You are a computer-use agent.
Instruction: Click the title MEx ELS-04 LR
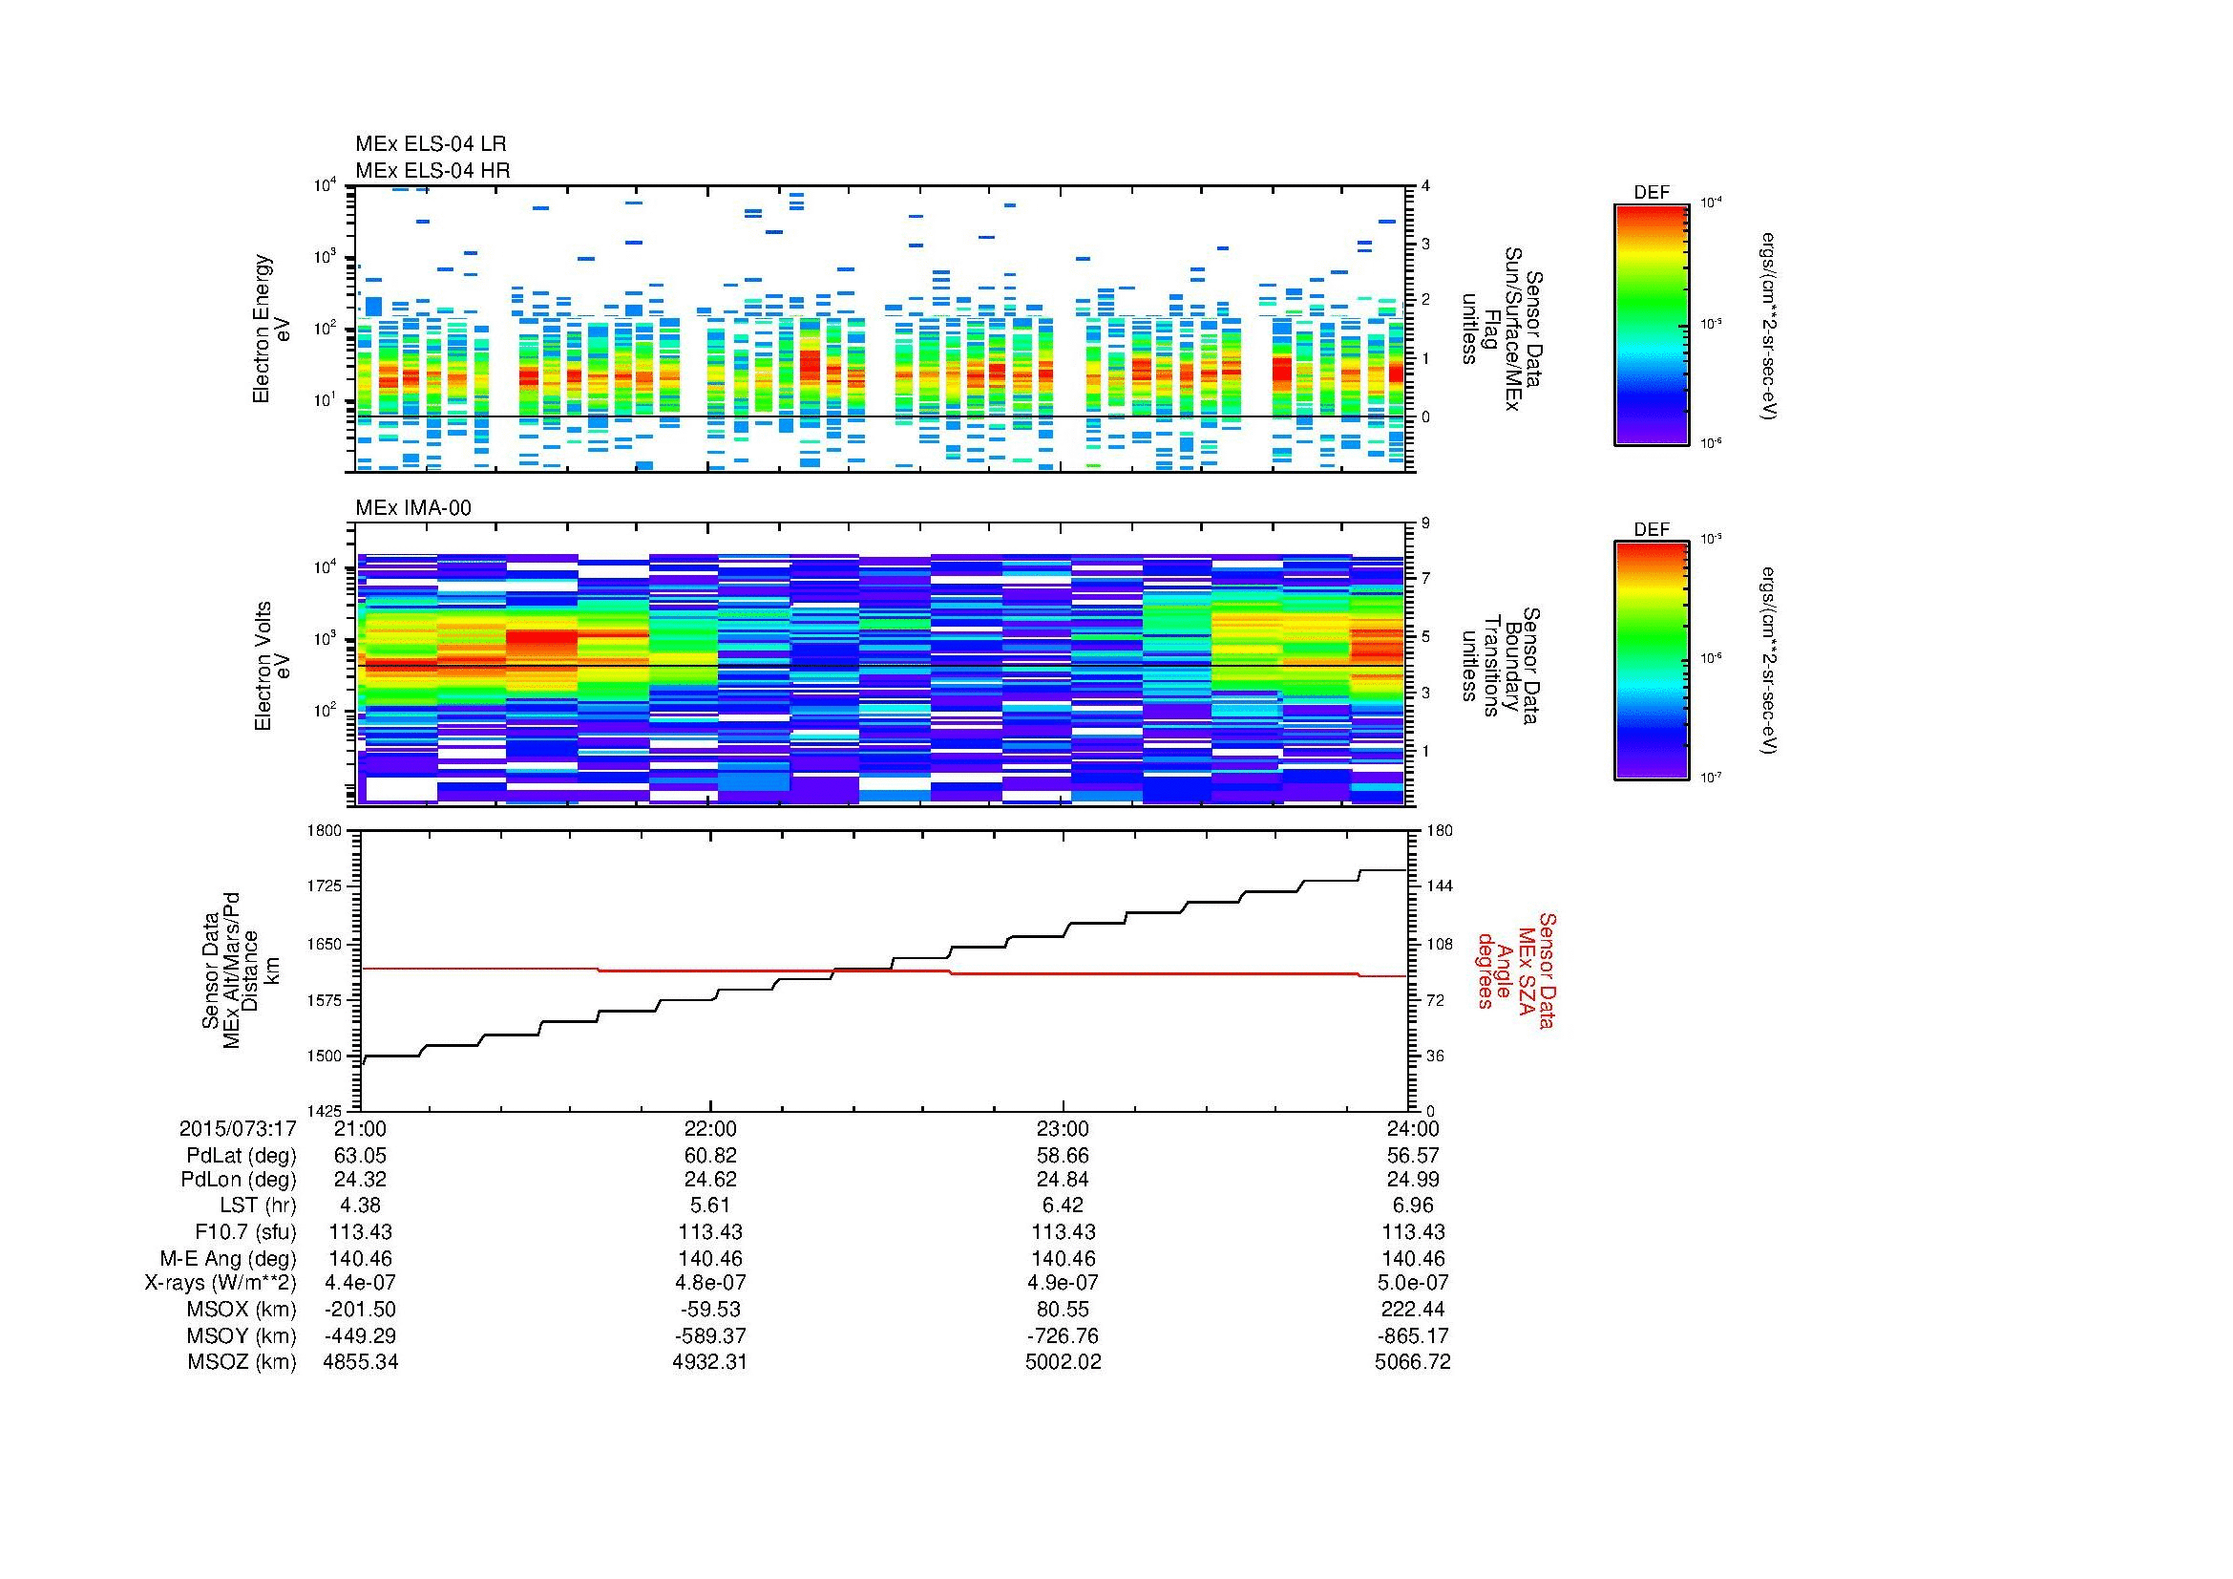click(x=430, y=145)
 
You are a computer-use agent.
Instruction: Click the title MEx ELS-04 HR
click(x=432, y=170)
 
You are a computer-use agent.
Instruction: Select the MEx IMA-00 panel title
click(x=412, y=508)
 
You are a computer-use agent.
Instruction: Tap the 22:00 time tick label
click(x=711, y=1129)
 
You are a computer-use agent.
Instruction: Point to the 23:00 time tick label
click(x=1063, y=1129)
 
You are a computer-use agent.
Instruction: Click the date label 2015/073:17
click(x=238, y=1129)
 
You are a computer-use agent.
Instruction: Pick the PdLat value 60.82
click(x=711, y=1156)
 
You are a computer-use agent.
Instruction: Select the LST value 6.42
click(x=1063, y=1206)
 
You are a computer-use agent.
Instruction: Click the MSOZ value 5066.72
click(x=1412, y=1362)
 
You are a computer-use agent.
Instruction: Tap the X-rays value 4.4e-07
click(x=360, y=1283)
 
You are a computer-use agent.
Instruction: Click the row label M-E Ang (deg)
click(x=227, y=1258)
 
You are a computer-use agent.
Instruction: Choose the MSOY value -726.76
click(x=1063, y=1335)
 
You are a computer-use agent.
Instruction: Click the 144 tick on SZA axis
click(x=1439, y=887)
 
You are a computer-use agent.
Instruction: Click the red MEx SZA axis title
click(x=1514, y=970)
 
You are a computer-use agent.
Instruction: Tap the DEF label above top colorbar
click(x=1651, y=193)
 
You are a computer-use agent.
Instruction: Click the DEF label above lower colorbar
click(x=1651, y=529)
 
